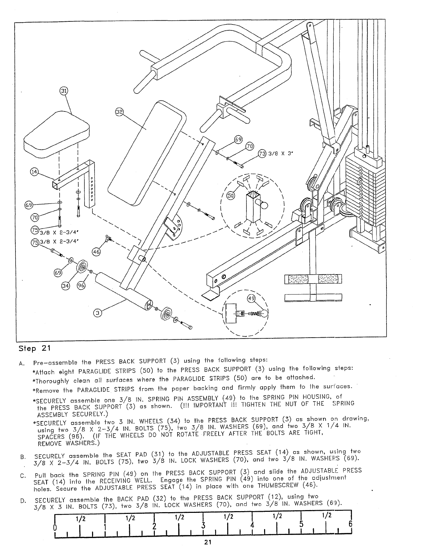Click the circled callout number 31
click(64, 91)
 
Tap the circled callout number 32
click(119, 113)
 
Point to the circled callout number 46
click(96, 252)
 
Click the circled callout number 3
click(98, 313)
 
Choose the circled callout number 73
click(262, 154)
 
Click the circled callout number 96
click(81, 286)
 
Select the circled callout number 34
click(66, 286)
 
